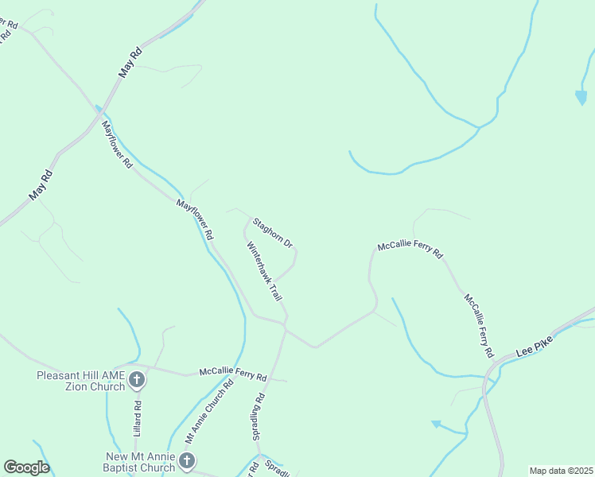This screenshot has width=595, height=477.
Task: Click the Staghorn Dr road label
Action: coord(274,232)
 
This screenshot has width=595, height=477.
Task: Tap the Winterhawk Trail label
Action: coord(265,271)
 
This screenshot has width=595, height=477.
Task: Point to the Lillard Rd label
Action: coord(138,417)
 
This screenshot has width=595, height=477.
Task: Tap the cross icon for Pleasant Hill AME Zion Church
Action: coord(137,379)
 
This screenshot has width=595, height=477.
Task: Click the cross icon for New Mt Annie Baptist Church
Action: coord(186,460)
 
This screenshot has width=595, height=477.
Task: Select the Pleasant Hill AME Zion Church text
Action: coord(81,380)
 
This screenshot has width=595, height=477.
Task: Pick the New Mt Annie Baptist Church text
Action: coord(141,462)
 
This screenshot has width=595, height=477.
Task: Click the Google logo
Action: coord(25,467)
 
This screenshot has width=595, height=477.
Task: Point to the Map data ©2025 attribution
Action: coord(562,471)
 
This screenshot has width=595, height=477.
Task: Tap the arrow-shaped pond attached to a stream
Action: coord(436,425)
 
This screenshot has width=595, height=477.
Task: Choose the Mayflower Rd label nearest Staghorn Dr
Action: coord(195,220)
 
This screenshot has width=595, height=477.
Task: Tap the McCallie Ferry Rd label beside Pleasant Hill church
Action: coord(232,373)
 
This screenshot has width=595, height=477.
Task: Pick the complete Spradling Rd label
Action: coord(259,417)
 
